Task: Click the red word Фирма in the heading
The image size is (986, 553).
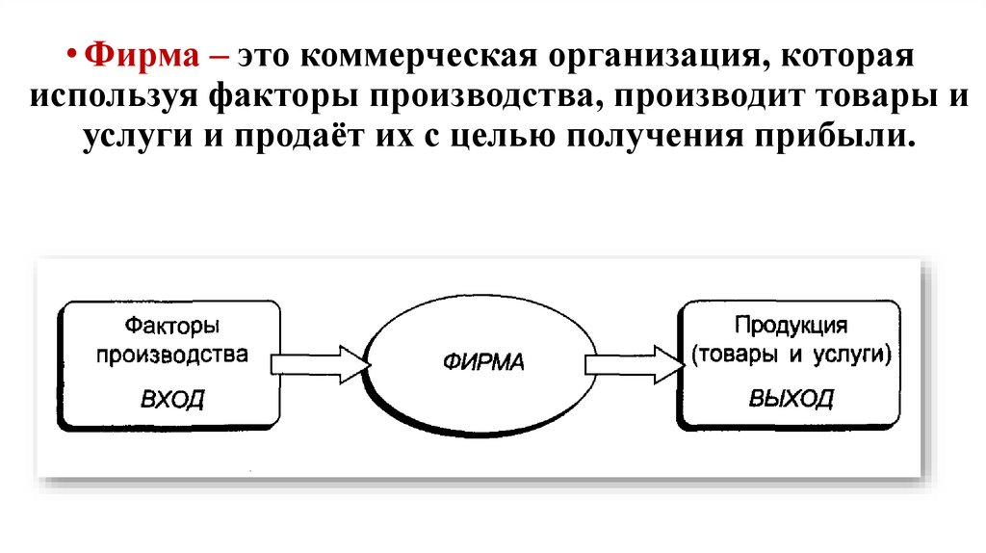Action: [141, 55]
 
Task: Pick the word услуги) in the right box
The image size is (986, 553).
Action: [853, 355]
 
